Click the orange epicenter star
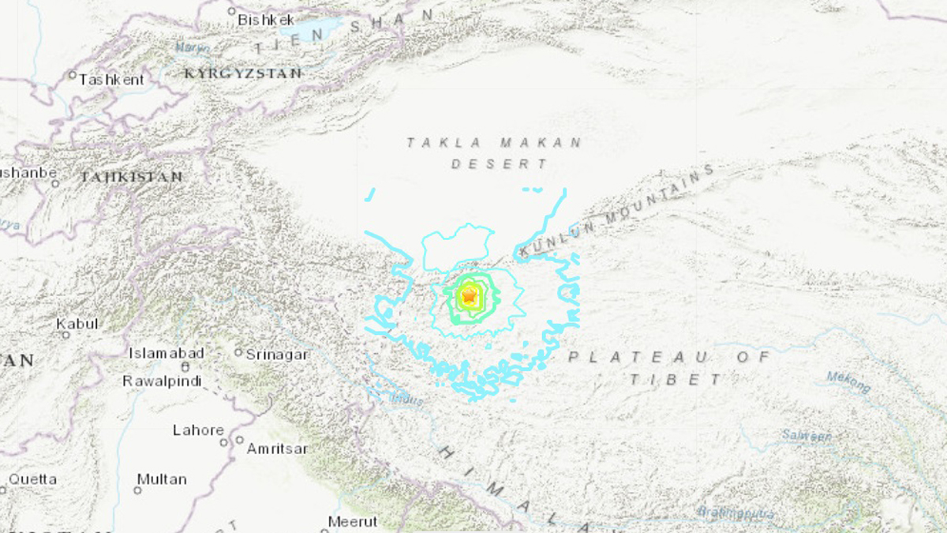pyautogui.click(x=470, y=296)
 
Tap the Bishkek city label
pyautogui.click(x=266, y=20)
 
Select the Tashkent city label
pyautogui.click(x=112, y=80)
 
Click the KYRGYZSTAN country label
pyautogui.click(x=243, y=73)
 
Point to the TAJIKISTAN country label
pyautogui.click(x=131, y=177)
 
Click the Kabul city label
pyautogui.click(x=77, y=324)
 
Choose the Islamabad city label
pyautogui.click(x=167, y=353)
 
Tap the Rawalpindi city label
pyautogui.click(x=162, y=381)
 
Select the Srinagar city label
pyautogui.click(x=276, y=355)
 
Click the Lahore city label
pyautogui.click(x=198, y=430)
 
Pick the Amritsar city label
pyautogui.click(x=276, y=449)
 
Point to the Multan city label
pyautogui.click(x=162, y=479)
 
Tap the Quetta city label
pyautogui.click(x=33, y=479)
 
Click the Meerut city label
pyautogui.click(x=353, y=521)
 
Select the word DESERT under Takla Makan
pyautogui.click(x=500, y=164)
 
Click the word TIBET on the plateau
pyautogui.click(x=676, y=380)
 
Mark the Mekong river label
pyautogui.click(x=848, y=381)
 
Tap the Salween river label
pyautogui.click(x=807, y=435)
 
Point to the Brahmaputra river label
pyautogui.click(x=733, y=512)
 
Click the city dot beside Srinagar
pyautogui.click(x=238, y=352)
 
